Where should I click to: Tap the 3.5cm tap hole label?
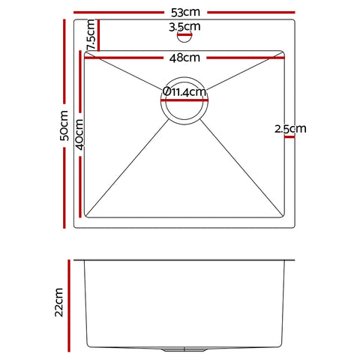tap(183, 28)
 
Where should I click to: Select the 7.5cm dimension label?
tap(90, 36)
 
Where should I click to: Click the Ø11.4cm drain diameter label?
tap(184, 92)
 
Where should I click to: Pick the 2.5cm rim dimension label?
tap(290, 129)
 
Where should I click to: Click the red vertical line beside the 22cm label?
tap(72, 303)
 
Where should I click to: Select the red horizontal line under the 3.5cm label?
tap(184, 34)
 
